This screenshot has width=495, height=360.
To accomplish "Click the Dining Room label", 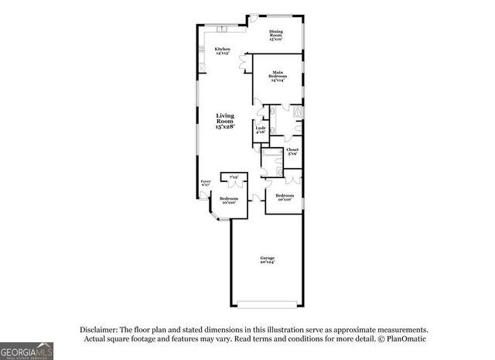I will coord(275,32).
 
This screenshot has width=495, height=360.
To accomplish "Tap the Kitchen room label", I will coord(222,50).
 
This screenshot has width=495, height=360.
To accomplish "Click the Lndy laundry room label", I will coord(261,128).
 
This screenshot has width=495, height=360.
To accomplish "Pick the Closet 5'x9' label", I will coord(292,149).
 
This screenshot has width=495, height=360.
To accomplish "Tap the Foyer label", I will coord(206,182).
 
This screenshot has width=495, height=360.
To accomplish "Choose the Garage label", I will coord(267,258).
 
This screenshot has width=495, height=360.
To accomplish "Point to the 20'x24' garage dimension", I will coord(267,262).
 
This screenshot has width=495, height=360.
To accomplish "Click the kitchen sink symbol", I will coord(222,29).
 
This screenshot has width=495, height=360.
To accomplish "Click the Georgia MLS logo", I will coord(27,351).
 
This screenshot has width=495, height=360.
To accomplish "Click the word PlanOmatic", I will coord(405,339).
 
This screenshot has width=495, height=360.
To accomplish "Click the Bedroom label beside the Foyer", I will coord(228,198).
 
